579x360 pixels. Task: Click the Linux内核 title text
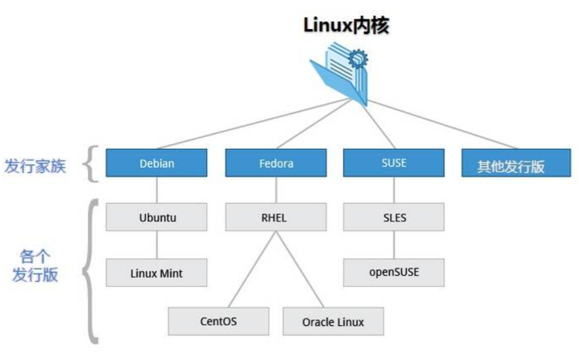(x=346, y=26)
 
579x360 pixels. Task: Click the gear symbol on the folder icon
(x=358, y=58)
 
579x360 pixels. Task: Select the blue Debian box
(x=157, y=163)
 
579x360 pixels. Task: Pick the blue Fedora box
(x=276, y=163)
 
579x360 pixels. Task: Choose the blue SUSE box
(x=394, y=162)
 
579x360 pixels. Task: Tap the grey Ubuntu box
(x=157, y=218)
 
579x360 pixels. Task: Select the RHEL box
(x=276, y=218)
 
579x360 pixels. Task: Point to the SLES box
(x=394, y=218)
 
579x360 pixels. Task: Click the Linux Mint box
(x=157, y=273)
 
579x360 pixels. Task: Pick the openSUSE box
(x=394, y=272)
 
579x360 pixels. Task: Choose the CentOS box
(x=218, y=321)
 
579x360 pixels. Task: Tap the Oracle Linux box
(x=333, y=321)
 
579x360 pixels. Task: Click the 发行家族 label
(x=35, y=166)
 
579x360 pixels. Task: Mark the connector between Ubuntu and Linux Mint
(x=157, y=245)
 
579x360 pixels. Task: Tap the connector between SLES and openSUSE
(x=394, y=245)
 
